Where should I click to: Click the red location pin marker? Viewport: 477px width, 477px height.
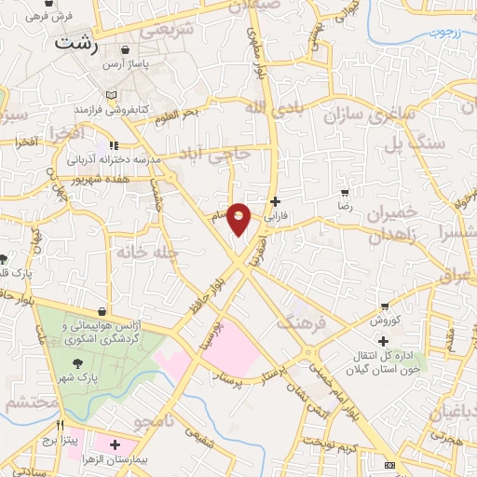(239, 219)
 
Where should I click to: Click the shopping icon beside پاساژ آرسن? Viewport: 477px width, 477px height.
(124, 50)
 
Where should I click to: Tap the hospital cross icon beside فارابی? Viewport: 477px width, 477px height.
(274, 201)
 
